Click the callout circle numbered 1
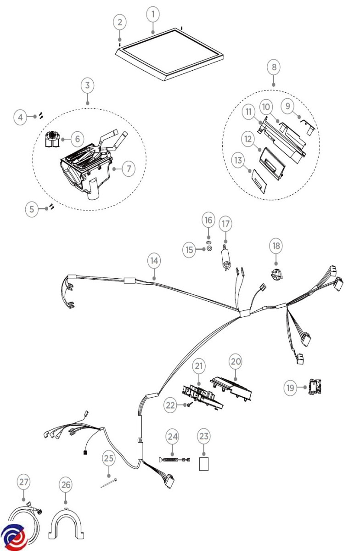click(153, 14)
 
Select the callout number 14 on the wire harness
click(154, 260)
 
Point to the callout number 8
click(274, 67)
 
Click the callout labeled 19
click(290, 388)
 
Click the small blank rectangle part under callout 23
click(204, 464)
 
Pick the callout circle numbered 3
click(87, 85)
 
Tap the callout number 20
click(236, 361)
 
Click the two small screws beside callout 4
click(40, 116)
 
